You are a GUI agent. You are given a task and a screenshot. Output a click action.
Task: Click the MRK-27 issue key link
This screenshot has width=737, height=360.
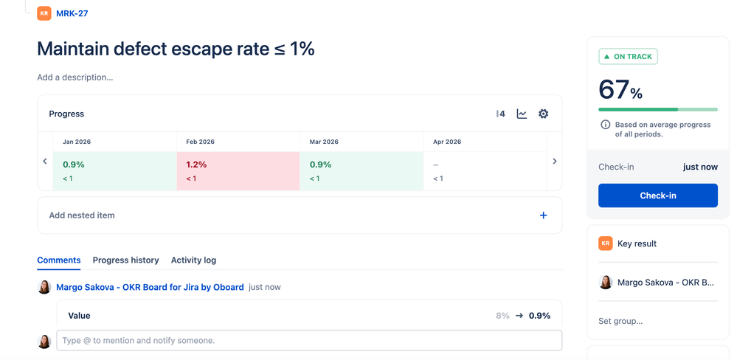pyautogui.click(x=72, y=13)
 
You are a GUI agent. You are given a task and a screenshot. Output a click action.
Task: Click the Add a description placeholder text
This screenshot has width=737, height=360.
pyautogui.click(x=75, y=77)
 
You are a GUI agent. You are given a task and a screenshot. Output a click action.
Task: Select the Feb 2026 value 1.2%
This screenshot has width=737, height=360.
pyautogui.click(x=196, y=165)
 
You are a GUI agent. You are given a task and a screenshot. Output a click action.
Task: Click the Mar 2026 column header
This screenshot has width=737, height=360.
pyautogui.click(x=325, y=142)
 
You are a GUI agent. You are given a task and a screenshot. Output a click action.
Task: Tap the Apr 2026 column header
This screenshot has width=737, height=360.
pyautogui.click(x=447, y=142)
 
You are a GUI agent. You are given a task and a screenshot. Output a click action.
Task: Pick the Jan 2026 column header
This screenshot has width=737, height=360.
pyautogui.click(x=77, y=142)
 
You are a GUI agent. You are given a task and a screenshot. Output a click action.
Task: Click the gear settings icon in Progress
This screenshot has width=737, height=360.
pyautogui.click(x=544, y=114)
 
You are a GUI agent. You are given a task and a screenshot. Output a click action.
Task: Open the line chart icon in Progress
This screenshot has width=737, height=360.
pyautogui.click(x=522, y=114)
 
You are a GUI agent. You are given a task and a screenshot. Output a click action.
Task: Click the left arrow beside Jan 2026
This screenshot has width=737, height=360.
pyautogui.click(x=45, y=161)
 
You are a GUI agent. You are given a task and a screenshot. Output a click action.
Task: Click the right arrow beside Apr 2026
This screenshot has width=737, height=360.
pyautogui.click(x=555, y=161)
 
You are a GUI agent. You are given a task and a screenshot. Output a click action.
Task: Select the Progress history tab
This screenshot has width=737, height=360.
pyautogui.click(x=125, y=260)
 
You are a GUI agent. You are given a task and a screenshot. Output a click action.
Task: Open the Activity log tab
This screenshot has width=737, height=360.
pyautogui.click(x=193, y=260)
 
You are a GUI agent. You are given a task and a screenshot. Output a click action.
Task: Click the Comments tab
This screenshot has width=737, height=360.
pyautogui.click(x=58, y=260)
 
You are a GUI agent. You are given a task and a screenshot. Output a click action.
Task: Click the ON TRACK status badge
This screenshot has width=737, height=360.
pyautogui.click(x=628, y=57)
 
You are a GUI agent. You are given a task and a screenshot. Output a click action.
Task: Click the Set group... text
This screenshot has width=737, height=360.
pyautogui.click(x=620, y=321)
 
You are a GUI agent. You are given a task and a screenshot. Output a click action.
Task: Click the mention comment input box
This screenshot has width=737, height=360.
pyautogui.click(x=309, y=341)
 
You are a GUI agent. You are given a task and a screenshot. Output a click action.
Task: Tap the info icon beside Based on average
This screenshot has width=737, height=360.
pyautogui.click(x=605, y=125)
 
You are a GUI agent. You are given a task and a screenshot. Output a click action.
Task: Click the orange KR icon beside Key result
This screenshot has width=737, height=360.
pyautogui.click(x=606, y=243)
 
